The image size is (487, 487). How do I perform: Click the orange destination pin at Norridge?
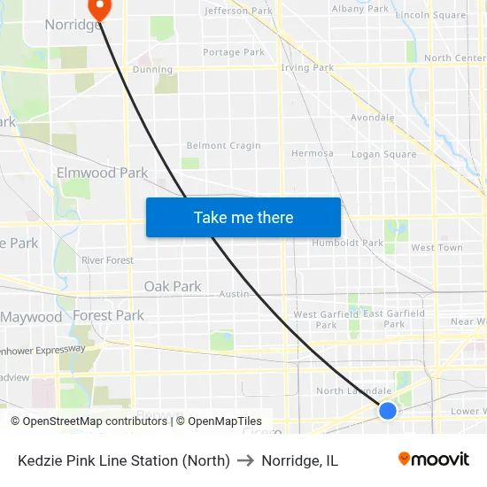[99, 9]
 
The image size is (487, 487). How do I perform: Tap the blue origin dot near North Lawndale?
[387, 410]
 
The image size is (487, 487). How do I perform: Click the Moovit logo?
[434, 459]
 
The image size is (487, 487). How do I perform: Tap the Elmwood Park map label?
[102, 173]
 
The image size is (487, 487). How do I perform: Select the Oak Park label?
[173, 287]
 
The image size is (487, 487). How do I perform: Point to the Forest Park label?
[108, 315]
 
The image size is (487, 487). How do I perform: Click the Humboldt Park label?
[347, 243]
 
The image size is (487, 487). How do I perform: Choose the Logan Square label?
[383, 154]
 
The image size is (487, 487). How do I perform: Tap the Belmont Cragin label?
[223, 146]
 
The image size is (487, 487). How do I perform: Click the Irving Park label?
[307, 67]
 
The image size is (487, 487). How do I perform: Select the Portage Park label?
[234, 52]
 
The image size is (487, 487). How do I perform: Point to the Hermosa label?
[313, 153]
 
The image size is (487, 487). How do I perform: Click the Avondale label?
[373, 117]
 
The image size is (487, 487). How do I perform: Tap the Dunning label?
[152, 69]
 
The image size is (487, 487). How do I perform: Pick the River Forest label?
[107, 260]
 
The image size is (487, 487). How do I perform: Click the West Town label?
[437, 248]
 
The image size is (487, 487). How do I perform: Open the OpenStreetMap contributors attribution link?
[90, 421]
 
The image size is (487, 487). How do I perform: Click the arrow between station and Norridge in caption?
[245, 460]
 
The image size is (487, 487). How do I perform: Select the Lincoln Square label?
[430, 15]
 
